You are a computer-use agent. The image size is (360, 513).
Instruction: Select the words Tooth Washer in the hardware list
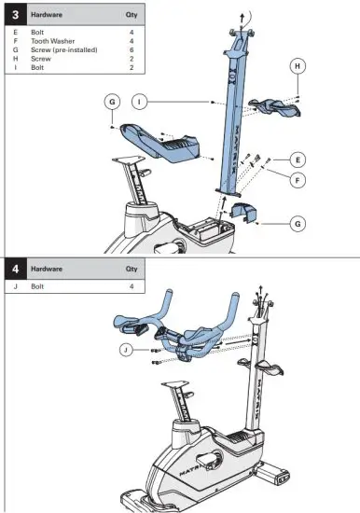[53, 40]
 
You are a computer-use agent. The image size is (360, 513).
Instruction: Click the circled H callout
[297, 67]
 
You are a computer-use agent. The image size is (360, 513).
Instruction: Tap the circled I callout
[138, 100]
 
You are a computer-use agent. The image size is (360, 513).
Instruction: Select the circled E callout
[296, 158]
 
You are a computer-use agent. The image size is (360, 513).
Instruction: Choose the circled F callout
[296, 179]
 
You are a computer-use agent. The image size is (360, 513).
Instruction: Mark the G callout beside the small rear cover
[296, 224]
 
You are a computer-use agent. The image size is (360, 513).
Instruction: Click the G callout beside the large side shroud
[111, 100]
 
